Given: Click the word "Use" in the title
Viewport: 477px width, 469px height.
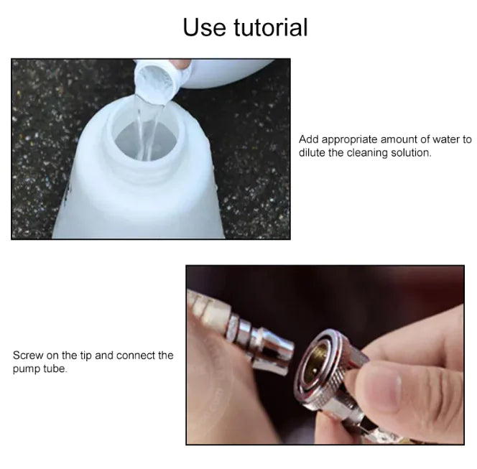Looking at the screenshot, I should (205, 27).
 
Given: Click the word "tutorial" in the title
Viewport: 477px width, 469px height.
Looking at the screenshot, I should (271, 27).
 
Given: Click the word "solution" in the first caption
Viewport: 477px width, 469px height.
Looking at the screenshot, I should (409, 152).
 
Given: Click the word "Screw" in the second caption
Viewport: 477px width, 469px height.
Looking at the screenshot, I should (27, 356).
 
